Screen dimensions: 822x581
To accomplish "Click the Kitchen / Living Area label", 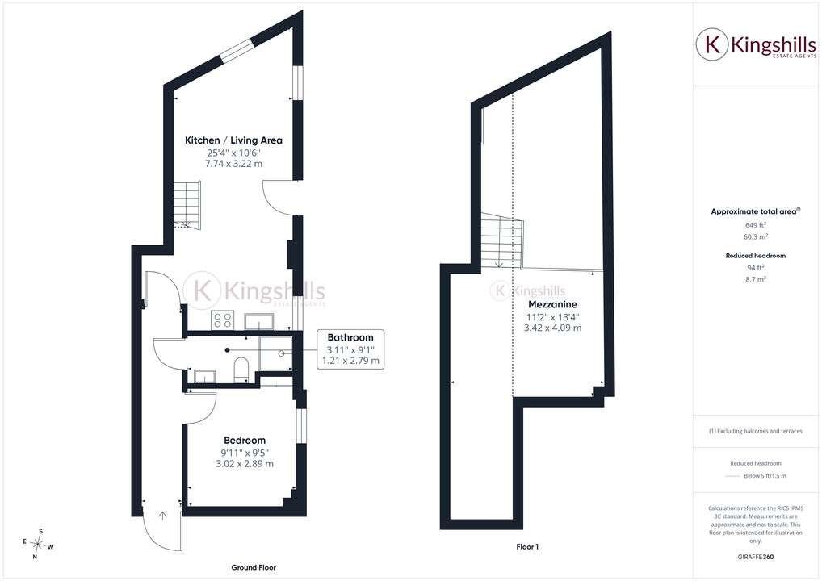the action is (x=233, y=140).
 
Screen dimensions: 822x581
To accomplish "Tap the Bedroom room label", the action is (x=245, y=441).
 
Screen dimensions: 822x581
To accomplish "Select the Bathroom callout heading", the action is (x=350, y=338).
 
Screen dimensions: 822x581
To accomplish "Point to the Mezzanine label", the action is (x=552, y=304).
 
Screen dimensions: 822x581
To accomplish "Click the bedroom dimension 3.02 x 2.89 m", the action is (x=245, y=464).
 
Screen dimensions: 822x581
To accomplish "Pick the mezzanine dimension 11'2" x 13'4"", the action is (x=552, y=317).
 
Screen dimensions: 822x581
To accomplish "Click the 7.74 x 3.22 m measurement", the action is (x=233, y=164).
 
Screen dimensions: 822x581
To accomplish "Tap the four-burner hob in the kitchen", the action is (x=222, y=320).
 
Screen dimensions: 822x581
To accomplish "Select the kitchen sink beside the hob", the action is (x=258, y=321).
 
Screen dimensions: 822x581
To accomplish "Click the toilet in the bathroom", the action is (x=241, y=368).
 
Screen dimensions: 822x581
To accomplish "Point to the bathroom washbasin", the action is (x=204, y=376).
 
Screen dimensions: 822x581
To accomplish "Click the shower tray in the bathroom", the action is (x=275, y=353).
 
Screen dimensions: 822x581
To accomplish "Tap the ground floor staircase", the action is (x=187, y=205).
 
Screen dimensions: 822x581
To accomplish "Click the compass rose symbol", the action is (x=38, y=545).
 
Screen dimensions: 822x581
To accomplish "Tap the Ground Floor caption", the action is (x=254, y=567).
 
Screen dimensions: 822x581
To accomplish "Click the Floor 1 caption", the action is (x=527, y=547).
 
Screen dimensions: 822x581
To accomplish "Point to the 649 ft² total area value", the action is (x=756, y=225).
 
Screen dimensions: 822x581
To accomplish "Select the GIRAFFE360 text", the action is (x=756, y=557).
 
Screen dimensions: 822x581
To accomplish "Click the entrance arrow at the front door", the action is (x=162, y=516).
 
